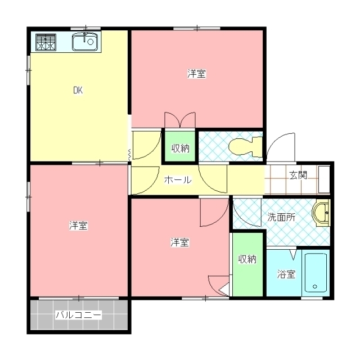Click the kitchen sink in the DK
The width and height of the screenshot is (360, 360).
(x=85, y=42)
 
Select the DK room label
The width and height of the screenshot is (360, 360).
(x=78, y=90)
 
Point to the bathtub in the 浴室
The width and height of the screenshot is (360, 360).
(x=316, y=272)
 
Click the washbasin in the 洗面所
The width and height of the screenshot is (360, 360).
(x=321, y=214)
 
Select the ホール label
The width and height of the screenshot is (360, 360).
(x=178, y=181)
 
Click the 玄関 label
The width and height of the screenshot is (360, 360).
(x=298, y=175)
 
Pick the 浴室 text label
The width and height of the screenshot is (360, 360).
(x=286, y=274)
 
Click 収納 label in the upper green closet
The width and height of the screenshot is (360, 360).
(x=180, y=148)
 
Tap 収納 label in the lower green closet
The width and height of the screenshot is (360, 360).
(x=247, y=259)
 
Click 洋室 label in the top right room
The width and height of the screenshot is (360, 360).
(x=196, y=74)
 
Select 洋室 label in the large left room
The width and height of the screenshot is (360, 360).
(x=78, y=226)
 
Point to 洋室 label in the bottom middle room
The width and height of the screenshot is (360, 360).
(x=179, y=242)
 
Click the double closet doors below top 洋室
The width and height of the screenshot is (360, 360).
(x=179, y=120)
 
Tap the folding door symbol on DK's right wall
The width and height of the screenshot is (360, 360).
(x=130, y=153)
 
